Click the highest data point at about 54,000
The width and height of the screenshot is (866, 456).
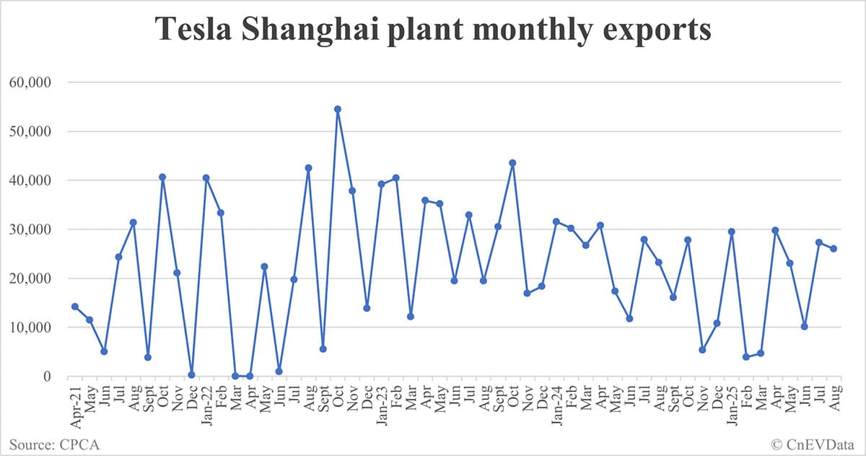tap(337, 109)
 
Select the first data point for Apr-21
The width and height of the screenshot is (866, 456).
tap(75, 307)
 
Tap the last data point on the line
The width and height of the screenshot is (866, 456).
tap(834, 249)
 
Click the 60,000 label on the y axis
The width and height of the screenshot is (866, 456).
tap(30, 82)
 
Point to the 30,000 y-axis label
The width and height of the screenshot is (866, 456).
tap(30, 229)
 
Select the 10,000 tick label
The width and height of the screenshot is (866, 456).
tap(30, 328)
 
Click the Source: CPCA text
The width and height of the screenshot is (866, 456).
tap(56, 444)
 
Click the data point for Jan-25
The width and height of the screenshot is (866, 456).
tap(732, 232)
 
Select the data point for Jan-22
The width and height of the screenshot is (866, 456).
tap(206, 177)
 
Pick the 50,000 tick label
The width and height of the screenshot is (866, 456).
tap(30, 131)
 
